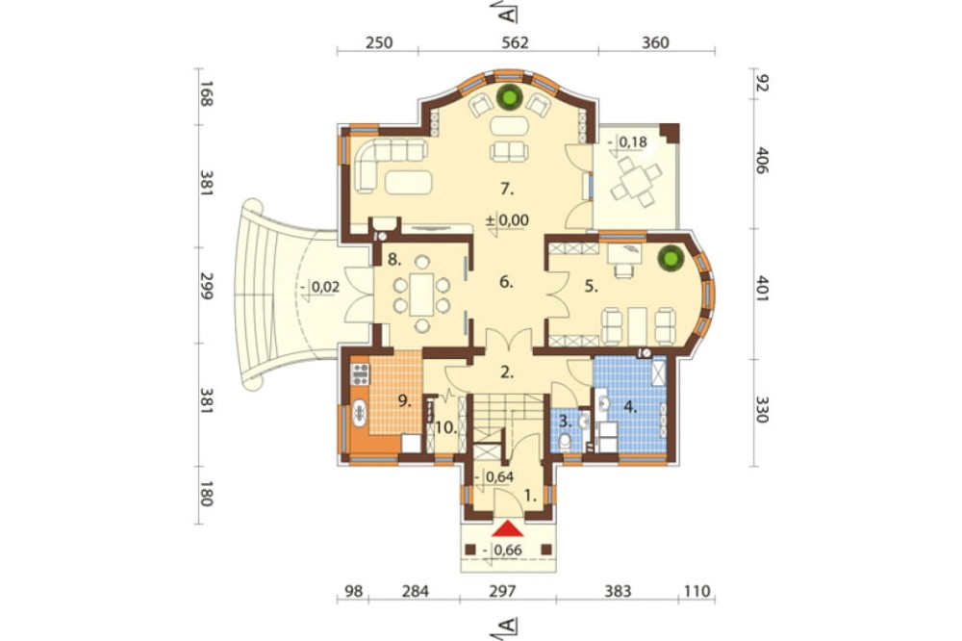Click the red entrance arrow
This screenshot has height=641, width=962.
pos(508,528)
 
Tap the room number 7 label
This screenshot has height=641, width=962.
pos(506,189)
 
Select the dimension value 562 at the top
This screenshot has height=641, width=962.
pos(515,42)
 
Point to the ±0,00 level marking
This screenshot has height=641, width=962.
pos(507,219)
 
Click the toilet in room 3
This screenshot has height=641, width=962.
pos(567,442)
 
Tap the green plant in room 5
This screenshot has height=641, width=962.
pos(670,258)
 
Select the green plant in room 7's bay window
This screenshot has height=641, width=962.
pos(509,97)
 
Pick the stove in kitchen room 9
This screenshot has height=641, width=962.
pos(360,373)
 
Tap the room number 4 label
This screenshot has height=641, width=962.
pos(629,406)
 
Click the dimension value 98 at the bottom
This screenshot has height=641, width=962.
pos(353,591)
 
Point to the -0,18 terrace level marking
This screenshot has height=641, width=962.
pos(627,142)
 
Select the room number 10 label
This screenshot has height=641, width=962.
pos(446,428)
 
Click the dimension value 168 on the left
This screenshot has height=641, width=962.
pos(206,94)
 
